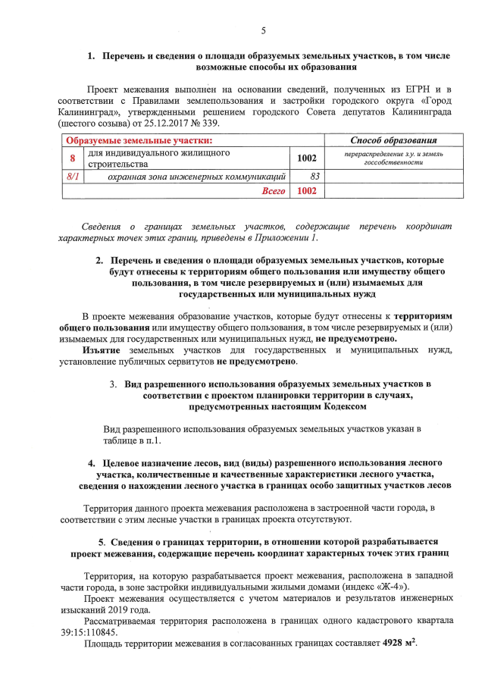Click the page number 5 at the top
tap(263, 31)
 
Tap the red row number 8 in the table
tap(73, 158)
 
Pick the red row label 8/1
tap(74, 177)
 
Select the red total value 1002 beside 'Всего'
tap(306, 191)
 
